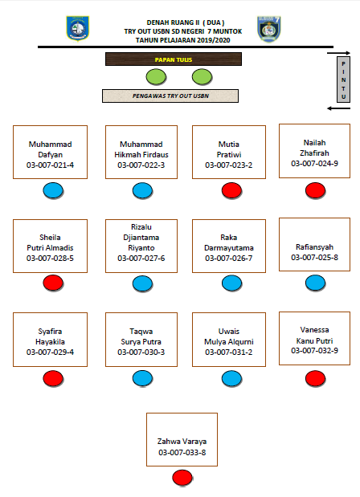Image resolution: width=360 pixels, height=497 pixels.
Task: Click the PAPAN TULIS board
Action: (x=174, y=59)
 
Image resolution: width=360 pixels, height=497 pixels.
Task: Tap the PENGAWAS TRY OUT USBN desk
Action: (x=170, y=96)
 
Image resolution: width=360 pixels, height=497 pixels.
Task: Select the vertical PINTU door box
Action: (x=343, y=79)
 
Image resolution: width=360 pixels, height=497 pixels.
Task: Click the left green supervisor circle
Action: (x=156, y=77)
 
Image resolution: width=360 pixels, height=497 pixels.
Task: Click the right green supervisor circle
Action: (x=202, y=77)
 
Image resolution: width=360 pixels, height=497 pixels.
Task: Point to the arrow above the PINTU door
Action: (x=339, y=53)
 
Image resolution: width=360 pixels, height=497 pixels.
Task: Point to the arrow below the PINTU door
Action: (x=339, y=108)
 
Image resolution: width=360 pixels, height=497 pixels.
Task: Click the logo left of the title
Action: (x=77, y=28)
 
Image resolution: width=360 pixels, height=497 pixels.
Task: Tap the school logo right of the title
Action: (x=269, y=29)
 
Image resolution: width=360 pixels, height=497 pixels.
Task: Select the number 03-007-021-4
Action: (x=50, y=165)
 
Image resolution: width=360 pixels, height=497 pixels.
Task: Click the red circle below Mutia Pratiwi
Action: (x=232, y=191)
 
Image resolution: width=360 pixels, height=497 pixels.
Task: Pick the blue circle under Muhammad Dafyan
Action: (x=53, y=191)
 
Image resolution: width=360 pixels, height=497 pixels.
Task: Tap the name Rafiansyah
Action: (x=315, y=247)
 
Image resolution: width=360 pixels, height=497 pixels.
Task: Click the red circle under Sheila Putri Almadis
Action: (x=53, y=283)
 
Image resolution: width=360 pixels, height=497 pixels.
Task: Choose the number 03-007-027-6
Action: (x=141, y=259)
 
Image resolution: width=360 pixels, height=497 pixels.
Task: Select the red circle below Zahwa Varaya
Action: (x=182, y=478)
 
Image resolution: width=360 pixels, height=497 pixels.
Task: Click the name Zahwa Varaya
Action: (x=182, y=442)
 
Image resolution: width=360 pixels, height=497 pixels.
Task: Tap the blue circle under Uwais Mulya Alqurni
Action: (x=232, y=379)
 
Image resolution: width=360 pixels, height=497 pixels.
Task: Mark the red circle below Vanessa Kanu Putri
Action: (x=315, y=379)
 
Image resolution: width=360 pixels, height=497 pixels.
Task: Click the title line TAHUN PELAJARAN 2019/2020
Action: (x=183, y=40)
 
